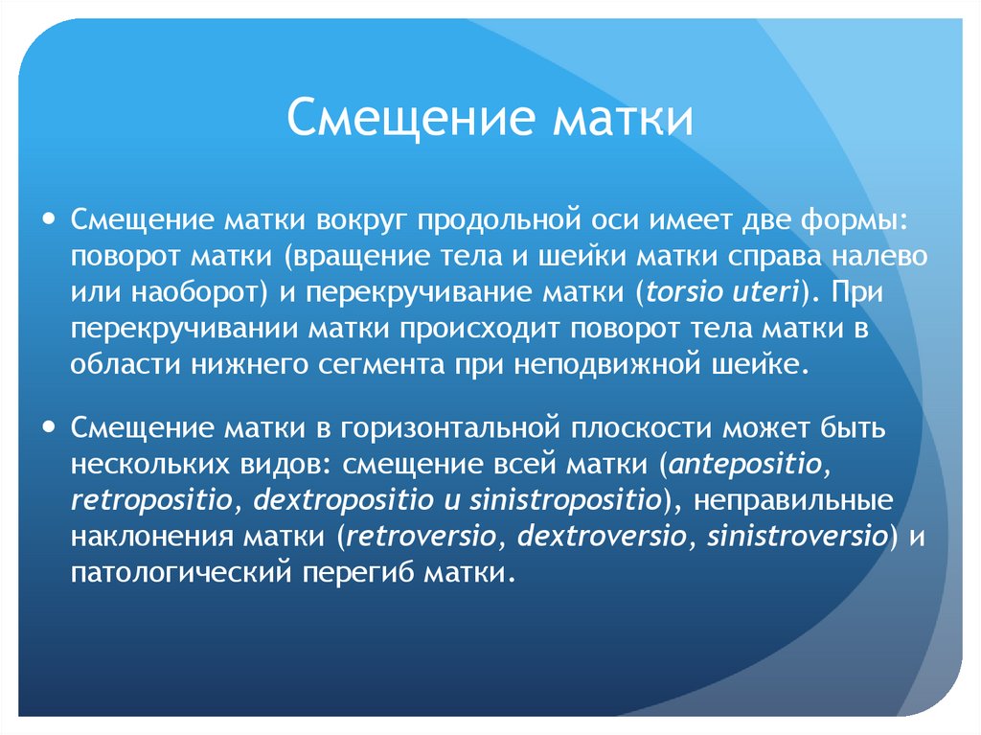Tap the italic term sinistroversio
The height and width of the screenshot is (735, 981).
[x=796, y=537]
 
